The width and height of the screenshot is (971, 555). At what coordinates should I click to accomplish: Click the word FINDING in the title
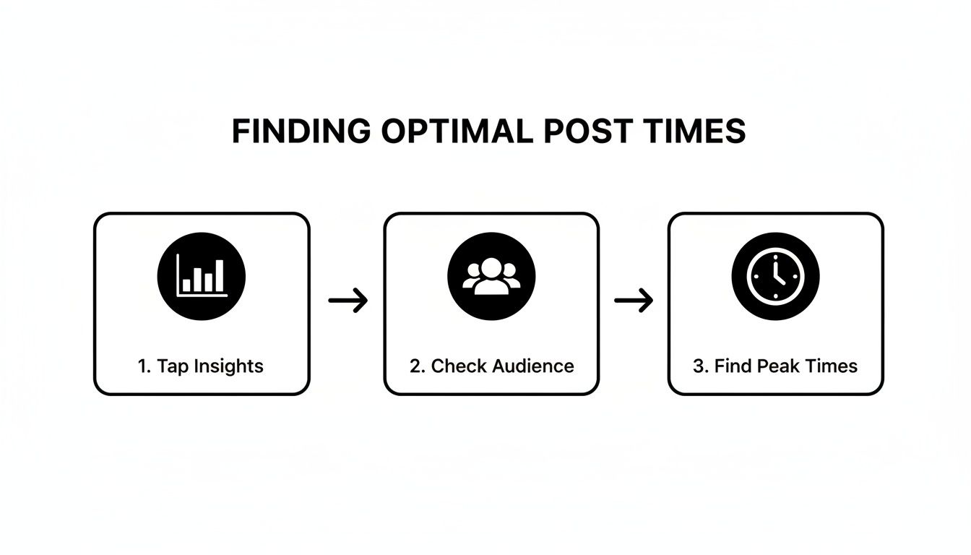tap(300, 132)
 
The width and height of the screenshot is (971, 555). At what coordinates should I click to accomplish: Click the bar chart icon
tap(202, 276)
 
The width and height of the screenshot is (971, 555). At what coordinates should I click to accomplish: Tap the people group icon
tap(491, 276)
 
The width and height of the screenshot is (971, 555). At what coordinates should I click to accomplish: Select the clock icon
tap(775, 276)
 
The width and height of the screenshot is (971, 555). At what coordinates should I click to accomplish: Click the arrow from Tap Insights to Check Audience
tap(348, 300)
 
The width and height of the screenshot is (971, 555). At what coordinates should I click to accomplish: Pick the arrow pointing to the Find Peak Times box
tap(634, 300)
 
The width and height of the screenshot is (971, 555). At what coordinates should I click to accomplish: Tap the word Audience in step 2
tap(534, 366)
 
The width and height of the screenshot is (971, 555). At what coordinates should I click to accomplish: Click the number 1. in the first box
tap(143, 366)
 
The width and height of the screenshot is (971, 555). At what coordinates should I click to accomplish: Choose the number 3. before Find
tap(700, 366)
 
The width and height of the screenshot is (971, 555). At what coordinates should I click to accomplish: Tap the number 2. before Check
tap(417, 366)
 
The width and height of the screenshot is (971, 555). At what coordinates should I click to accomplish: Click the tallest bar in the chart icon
tap(219, 275)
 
